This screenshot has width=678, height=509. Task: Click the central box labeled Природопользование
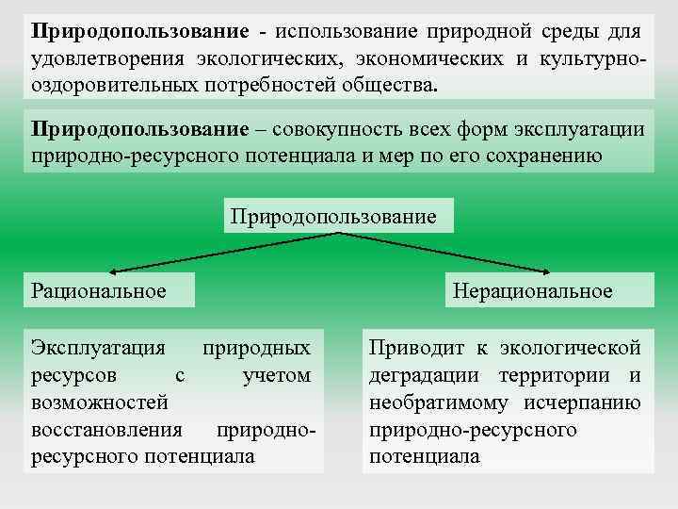pyautogui.click(x=340, y=216)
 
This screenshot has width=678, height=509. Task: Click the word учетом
pyautogui.click(x=276, y=375)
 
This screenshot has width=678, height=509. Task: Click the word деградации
pyautogui.click(x=425, y=375)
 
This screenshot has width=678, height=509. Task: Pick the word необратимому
pyautogui.click(x=432, y=402)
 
